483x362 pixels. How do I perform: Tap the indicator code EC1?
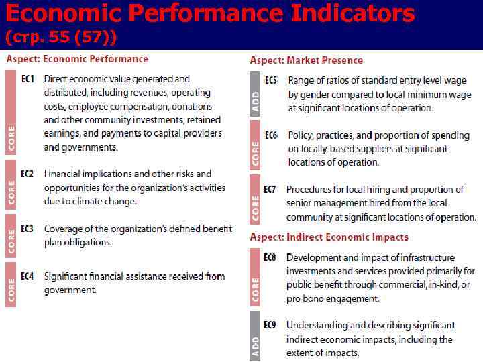[x=28, y=79]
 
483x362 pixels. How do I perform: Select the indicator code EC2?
[x=28, y=174]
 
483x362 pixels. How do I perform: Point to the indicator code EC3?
[x=28, y=229]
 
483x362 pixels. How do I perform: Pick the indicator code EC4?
[x=28, y=276]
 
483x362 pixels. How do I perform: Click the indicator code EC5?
[x=271, y=80]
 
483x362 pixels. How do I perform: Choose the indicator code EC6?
[x=271, y=135]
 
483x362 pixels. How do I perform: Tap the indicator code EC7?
[x=269, y=190]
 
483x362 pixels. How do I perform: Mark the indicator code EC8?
[x=270, y=257]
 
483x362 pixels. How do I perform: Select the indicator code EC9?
[x=270, y=325]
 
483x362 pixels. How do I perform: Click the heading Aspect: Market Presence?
[x=306, y=60]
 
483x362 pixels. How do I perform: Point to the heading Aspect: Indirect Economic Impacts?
[x=329, y=237]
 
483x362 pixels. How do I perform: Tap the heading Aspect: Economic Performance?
[x=77, y=59]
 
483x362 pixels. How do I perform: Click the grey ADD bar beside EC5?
[x=255, y=93]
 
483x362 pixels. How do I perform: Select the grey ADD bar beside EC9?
[x=255, y=336]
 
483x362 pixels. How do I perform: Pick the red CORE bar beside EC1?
[x=11, y=112]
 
